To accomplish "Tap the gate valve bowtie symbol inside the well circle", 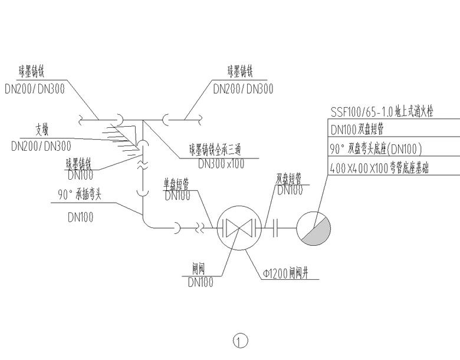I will tap(236, 227).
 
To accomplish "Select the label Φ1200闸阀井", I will tap(285, 273).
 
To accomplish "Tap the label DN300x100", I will tap(221, 164).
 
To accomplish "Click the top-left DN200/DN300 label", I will tap(35, 89).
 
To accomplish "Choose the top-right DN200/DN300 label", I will tap(243, 89).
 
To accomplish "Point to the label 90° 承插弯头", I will tap(80, 195).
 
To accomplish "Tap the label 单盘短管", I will tap(176, 183).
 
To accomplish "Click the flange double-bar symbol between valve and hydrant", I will tap(275, 227).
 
